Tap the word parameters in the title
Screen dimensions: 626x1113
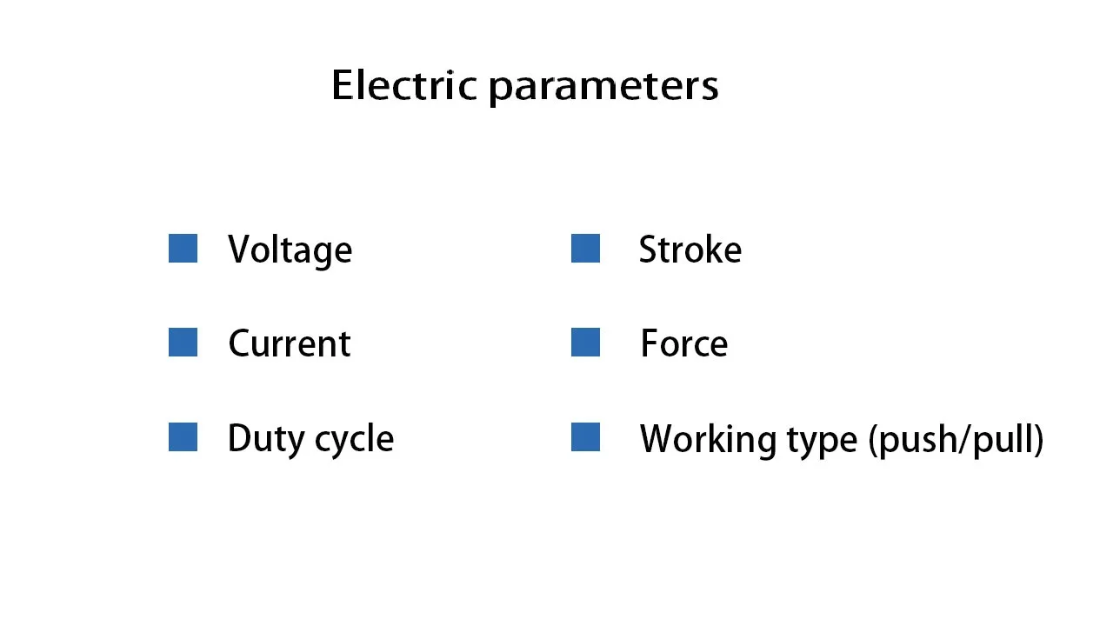pyautogui.click(x=603, y=88)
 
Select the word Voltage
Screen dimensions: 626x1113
pyautogui.click(x=290, y=250)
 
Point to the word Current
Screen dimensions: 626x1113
pyautogui.click(x=289, y=343)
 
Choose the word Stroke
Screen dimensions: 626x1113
pyautogui.click(x=690, y=250)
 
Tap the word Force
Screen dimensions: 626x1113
pyautogui.click(x=683, y=343)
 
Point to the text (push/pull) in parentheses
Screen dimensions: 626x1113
pyautogui.click(x=956, y=440)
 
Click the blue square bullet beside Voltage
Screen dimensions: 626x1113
pyautogui.click(x=183, y=249)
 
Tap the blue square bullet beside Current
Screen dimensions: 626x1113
pyautogui.click(x=183, y=343)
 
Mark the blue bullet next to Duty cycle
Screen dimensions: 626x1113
pyautogui.click(x=183, y=437)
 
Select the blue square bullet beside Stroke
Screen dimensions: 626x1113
pyautogui.click(x=585, y=249)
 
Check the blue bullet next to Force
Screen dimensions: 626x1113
pyautogui.click(x=585, y=343)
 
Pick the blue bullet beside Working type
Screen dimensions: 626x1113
pyautogui.click(x=585, y=437)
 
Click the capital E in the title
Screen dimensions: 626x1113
pyautogui.click(x=343, y=85)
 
